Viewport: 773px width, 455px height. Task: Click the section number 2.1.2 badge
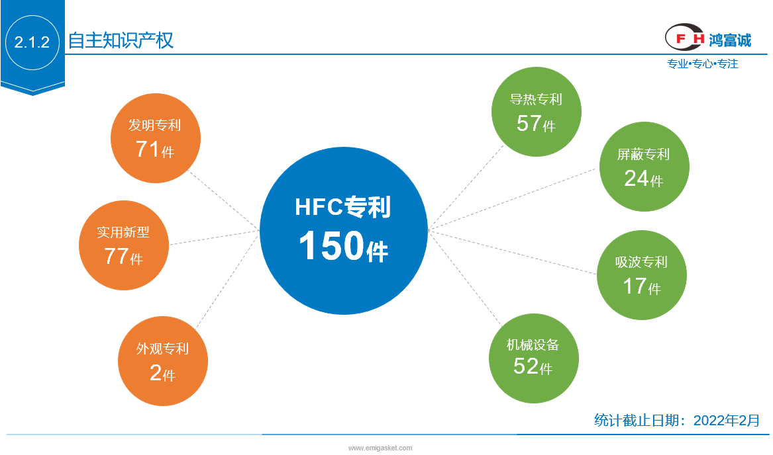32,42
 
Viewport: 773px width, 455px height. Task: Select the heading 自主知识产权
121,40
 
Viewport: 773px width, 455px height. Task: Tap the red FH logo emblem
684,37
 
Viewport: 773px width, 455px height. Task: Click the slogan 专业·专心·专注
703,63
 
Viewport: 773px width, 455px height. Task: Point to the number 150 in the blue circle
332,245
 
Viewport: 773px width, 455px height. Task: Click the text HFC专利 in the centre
343,207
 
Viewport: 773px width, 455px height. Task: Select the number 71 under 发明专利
148,149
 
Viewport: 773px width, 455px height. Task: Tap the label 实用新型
123,232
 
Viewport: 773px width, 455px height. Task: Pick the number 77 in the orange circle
117,256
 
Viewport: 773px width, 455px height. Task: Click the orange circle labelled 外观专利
163,361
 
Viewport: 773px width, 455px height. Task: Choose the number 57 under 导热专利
529,123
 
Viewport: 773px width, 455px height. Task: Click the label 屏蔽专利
643,154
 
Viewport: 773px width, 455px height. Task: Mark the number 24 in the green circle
637,179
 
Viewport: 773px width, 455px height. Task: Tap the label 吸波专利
641,262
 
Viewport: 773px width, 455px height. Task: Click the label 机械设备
533,345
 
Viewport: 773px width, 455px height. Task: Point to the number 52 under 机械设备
525,366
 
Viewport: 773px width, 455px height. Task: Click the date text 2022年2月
727,420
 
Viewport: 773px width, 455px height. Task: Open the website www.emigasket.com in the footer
380,448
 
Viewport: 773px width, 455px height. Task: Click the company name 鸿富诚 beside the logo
730,40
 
